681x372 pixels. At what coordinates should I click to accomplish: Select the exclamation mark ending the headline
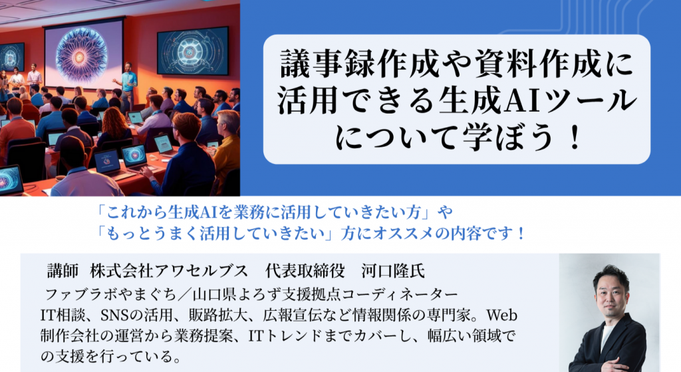coord(576,137)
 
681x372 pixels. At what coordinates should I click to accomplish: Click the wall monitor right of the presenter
coord(193,51)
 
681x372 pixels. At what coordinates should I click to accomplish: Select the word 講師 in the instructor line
coord(63,271)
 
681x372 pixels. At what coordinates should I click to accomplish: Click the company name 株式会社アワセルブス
coord(168,271)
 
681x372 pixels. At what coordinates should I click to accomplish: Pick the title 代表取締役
coord(305,271)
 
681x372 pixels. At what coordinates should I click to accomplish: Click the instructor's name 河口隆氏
coord(393,271)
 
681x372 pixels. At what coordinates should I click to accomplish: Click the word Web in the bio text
coord(501,315)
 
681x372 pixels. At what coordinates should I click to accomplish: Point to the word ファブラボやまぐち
coord(110,294)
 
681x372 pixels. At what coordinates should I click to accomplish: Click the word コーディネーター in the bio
coord(400,294)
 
